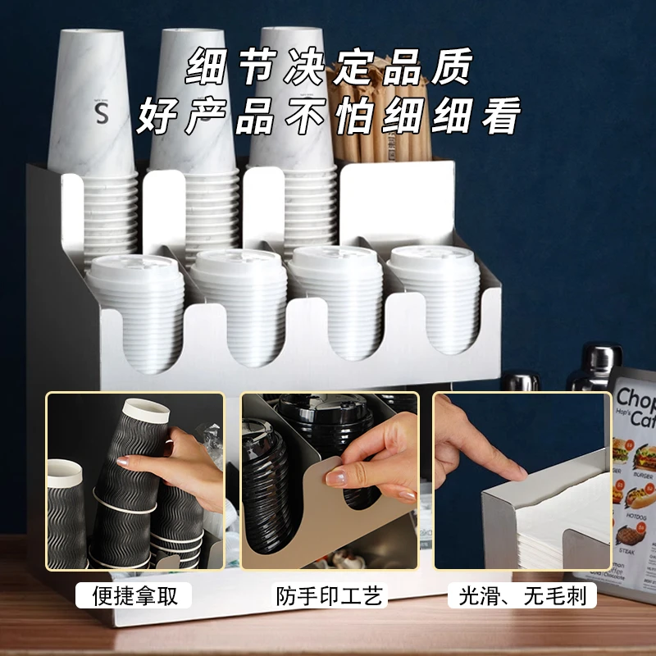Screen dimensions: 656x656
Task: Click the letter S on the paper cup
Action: coord(102,114)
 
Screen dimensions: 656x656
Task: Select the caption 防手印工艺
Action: coord(329,595)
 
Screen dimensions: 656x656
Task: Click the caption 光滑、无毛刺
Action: coord(522,595)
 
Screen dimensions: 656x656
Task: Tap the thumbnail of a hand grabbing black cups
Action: coord(135,481)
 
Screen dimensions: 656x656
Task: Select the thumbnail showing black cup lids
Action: coord(329,481)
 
